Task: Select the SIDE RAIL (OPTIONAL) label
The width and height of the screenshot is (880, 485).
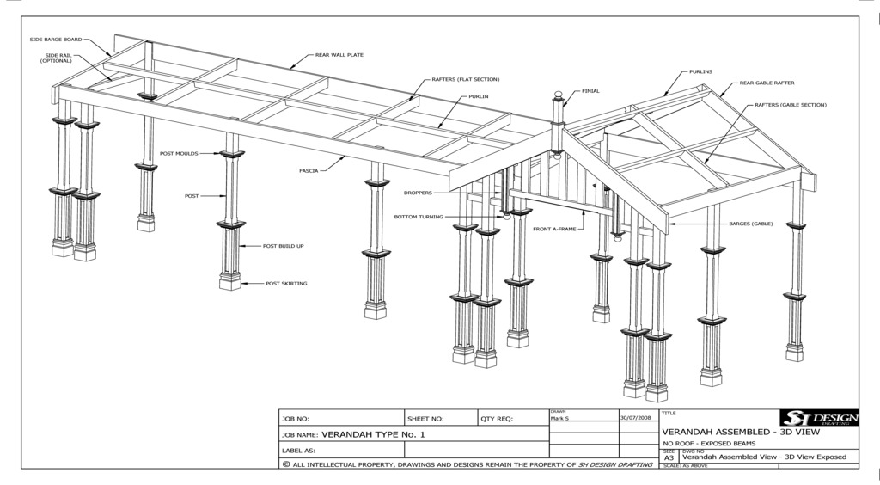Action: [55, 58]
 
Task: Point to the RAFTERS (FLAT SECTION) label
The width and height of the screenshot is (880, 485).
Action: [465, 79]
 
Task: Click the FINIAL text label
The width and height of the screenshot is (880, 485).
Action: [590, 90]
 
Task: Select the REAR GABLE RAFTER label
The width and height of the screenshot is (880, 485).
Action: [767, 83]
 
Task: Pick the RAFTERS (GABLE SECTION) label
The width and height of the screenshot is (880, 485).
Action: [790, 104]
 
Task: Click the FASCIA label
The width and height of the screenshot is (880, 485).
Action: [309, 171]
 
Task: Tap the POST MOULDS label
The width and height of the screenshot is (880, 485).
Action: [179, 154]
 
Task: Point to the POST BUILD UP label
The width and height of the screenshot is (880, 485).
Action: [284, 246]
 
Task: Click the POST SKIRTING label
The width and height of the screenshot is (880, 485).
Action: [286, 283]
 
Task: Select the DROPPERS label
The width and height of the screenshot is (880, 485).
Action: [418, 193]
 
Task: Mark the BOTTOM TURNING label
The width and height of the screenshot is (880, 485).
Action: [419, 217]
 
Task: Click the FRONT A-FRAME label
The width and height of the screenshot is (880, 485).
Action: [554, 230]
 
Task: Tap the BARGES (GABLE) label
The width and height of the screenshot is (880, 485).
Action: [751, 224]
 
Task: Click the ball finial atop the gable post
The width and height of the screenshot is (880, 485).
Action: [556, 95]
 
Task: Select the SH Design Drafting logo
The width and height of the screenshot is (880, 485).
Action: [817, 418]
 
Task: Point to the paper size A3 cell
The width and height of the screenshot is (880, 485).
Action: [669, 457]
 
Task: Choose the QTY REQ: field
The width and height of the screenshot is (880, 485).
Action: [497, 419]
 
